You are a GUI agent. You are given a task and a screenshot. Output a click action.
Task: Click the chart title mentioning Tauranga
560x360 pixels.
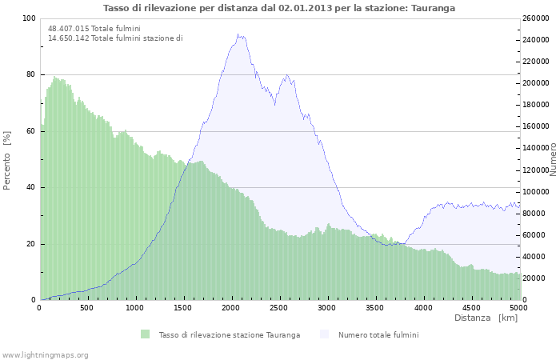tap(279, 7)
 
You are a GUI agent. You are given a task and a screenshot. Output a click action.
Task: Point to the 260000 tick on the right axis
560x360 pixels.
tap(536, 18)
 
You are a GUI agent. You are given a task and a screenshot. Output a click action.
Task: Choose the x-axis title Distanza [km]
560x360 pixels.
tap(486, 318)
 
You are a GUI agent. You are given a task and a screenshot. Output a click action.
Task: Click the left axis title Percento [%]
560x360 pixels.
tap(7, 160)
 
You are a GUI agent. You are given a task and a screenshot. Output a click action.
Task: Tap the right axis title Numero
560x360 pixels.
tap(553, 158)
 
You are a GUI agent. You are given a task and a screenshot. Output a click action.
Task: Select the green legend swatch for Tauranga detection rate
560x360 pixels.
tap(145, 334)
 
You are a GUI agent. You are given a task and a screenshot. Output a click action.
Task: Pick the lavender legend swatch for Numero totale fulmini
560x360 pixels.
tap(324, 334)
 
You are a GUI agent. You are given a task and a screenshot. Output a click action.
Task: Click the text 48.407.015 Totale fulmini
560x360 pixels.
tap(92, 28)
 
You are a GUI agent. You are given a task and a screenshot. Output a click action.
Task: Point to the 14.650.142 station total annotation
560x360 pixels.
tap(115, 38)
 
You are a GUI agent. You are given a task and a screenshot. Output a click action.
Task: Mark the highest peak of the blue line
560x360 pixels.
tap(239, 34)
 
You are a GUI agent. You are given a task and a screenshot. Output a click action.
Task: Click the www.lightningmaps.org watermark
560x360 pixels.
tap(46, 354)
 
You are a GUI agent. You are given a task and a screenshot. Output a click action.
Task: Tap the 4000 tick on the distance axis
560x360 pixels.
tap(422, 307)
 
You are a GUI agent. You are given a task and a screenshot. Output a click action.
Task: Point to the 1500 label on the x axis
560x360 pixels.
tap(182, 307)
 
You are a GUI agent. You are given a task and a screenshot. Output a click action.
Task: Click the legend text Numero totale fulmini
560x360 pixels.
tap(378, 334)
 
